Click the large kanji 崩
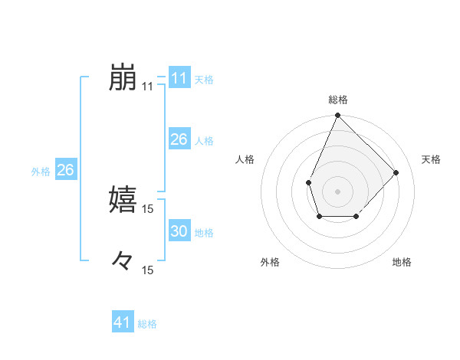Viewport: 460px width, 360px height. (x=123, y=78)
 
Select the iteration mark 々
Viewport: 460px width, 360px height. (x=123, y=260)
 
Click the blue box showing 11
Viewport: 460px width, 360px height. (x=179, y=78)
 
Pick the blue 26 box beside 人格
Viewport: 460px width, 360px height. (x=179, y=140)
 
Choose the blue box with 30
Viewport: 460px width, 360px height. (x=179, y=232)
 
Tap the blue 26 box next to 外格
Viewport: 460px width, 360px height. (x=65, y=171)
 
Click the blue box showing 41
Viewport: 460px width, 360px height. (x=123, y=323)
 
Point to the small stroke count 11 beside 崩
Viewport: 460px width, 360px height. (x=147, y=87)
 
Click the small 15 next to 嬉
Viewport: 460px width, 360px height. (x=147, y=208)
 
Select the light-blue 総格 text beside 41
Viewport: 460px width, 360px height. (x=147, y=324)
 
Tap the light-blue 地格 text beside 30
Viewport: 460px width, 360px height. (x=204, y=233)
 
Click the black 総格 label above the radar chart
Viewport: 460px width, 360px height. (x=337, y=100)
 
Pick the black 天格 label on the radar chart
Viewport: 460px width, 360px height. (x=431, y=159)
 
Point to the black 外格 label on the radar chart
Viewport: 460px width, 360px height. (x=270, y=262)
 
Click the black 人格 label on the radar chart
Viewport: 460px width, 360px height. (x=245, y=159)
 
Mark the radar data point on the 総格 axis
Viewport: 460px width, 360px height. (x=337, y=116)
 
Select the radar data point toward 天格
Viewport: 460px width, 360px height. (x=396, y=172)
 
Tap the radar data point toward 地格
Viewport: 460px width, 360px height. (x=356, y=218)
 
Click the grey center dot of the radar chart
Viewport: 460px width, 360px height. (x=337, y=191)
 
